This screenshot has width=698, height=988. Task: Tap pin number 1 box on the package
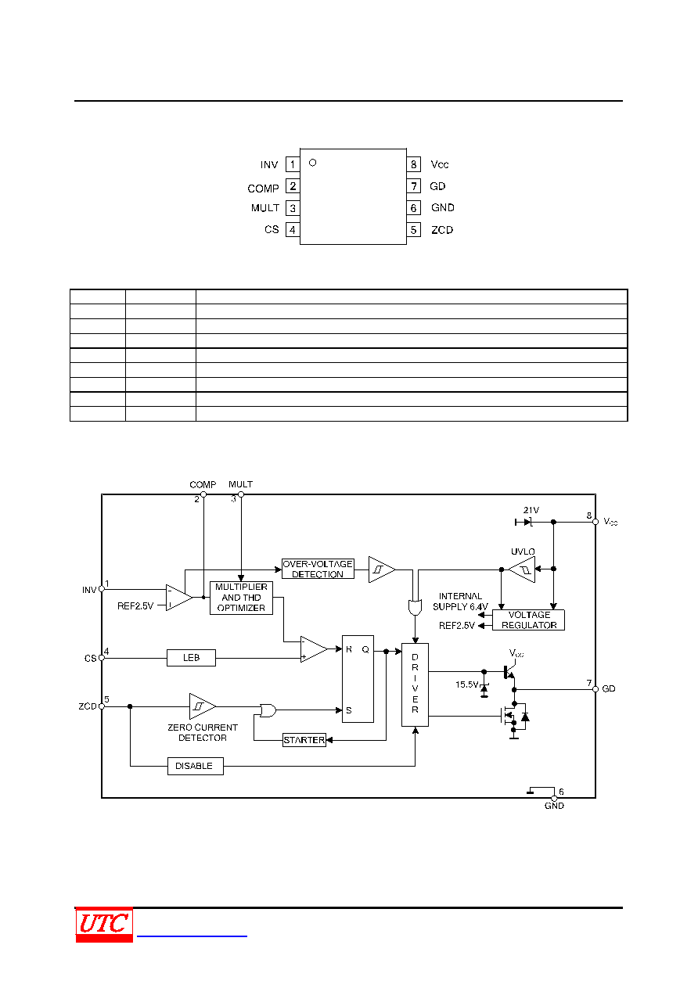tap(293, 164)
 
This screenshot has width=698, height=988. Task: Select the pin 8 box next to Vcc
tap(413, 164)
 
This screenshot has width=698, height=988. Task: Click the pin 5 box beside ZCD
tap(413, 230)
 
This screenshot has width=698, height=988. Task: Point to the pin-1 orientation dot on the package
tap(313, 163)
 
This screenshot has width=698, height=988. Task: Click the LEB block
tap(191, 658)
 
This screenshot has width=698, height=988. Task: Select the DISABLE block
tap(196, 766)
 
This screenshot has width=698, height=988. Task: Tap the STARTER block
tap(304, 740)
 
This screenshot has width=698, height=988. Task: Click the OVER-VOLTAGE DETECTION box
tap(318, 569)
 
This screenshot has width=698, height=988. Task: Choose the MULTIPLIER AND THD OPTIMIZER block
tap(241, 598)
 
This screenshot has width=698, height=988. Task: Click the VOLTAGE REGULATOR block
tap(528, 620)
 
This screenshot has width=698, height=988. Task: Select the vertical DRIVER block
tap(415, 684)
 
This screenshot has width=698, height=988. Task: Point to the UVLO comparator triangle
tap(522, 569)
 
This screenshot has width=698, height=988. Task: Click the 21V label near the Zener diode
tap(531, 510)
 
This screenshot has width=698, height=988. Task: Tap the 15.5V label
tap(467, 684)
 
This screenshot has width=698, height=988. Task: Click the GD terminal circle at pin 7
tap(595, 689)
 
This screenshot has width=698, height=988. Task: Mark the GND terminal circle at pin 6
tap(554, 799)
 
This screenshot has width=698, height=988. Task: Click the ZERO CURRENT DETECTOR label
tap(203, 733)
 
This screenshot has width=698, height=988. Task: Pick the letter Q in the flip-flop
tap(365, 650)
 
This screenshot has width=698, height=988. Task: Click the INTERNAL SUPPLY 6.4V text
tap(460, 602)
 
